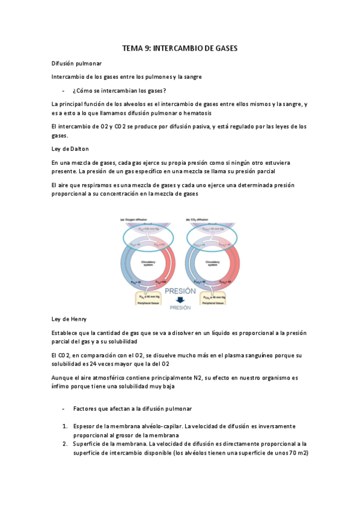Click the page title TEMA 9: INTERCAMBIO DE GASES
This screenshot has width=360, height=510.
coord(180,49)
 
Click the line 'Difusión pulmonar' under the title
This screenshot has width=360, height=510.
coord(76,63)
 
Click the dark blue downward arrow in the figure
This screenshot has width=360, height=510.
coord(179,300)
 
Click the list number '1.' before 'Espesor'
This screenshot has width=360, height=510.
coord(65,426)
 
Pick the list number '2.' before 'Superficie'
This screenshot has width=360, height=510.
coord(65,444)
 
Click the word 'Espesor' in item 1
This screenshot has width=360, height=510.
coord(85,426)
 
